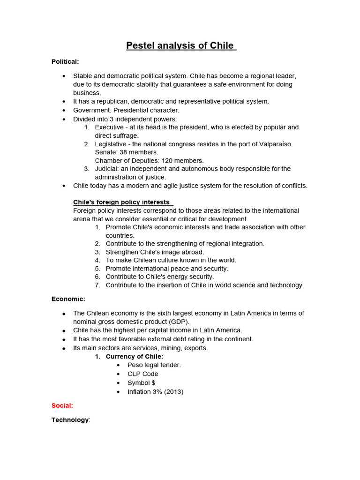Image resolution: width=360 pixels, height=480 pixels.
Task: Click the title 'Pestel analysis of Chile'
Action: point(181,46)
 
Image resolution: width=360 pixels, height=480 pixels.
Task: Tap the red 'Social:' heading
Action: point(62,405)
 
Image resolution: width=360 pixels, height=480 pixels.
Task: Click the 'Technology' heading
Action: point(70,420)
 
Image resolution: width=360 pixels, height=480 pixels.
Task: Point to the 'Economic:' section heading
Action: point(68,299)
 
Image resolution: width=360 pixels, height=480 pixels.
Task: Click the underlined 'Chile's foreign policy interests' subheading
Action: point(121,202)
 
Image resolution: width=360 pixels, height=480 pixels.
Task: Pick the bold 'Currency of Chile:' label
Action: point(135,357)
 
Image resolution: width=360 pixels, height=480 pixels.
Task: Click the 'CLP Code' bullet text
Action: point(143,374)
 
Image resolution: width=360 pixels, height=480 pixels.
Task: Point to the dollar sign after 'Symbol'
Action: point(153,383)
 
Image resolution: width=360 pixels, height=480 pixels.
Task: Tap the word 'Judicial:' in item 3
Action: point(109,169)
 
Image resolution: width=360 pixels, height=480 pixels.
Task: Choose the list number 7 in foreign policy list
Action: point(97,285)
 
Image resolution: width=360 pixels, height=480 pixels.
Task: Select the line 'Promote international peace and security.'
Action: point(167,269)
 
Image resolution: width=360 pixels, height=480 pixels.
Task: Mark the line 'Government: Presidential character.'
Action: point(126,110)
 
